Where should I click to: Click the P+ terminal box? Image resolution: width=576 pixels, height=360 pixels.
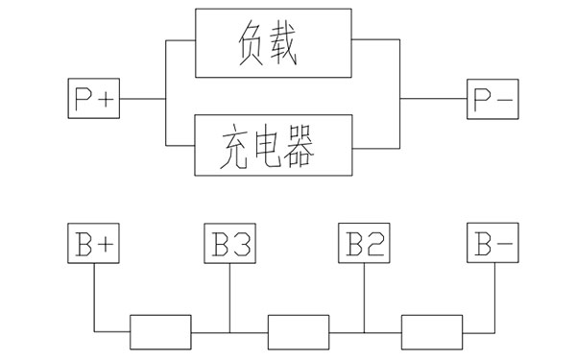click(94, 99)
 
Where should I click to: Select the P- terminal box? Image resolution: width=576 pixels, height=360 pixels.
click(492, 99)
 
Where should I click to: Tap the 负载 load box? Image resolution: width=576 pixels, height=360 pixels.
click(274, 43)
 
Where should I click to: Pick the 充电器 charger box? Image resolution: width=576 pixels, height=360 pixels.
click(274, 145)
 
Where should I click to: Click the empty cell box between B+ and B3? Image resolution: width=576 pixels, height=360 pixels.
click(160, 332)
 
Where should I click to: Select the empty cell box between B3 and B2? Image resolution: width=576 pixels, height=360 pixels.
click(297, 332)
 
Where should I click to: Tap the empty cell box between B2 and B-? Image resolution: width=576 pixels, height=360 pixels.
click(431, 332)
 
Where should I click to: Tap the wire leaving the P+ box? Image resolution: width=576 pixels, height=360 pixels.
click(141, 99)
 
